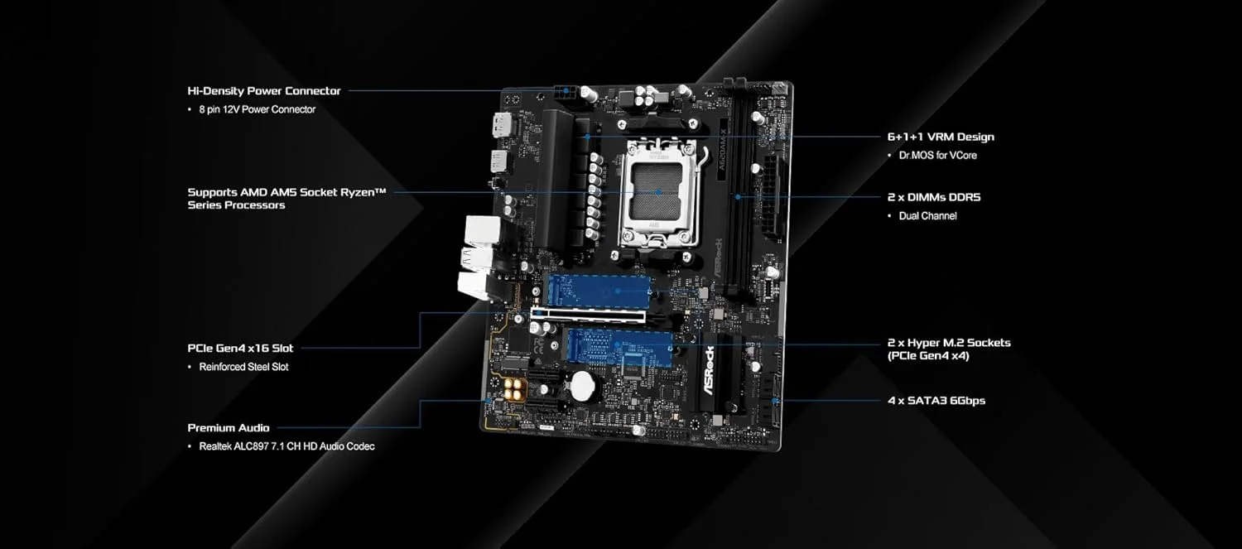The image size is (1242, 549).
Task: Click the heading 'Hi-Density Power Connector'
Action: point(263,91)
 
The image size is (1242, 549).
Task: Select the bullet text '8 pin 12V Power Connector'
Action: point(257,109)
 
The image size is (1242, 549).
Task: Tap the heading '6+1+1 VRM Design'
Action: point(940,137)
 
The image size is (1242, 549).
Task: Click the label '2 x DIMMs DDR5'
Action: point(933,197)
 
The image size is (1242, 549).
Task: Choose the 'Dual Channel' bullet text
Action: point(927,216)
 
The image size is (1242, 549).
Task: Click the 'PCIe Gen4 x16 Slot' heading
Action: point(240,348)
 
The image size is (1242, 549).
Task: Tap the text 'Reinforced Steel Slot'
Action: point(243,367)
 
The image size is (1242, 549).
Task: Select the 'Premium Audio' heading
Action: point(228,428)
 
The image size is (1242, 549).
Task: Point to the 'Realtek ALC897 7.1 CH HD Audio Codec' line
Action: point(286,446)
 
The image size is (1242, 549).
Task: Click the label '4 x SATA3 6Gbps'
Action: point(936,401)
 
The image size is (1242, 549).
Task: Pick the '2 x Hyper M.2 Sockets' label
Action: point(948,343)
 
